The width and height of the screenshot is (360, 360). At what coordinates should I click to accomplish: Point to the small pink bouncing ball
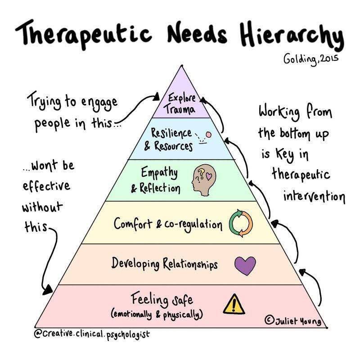(208, 133)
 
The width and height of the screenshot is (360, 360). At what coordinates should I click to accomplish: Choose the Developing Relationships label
(165, 263)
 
